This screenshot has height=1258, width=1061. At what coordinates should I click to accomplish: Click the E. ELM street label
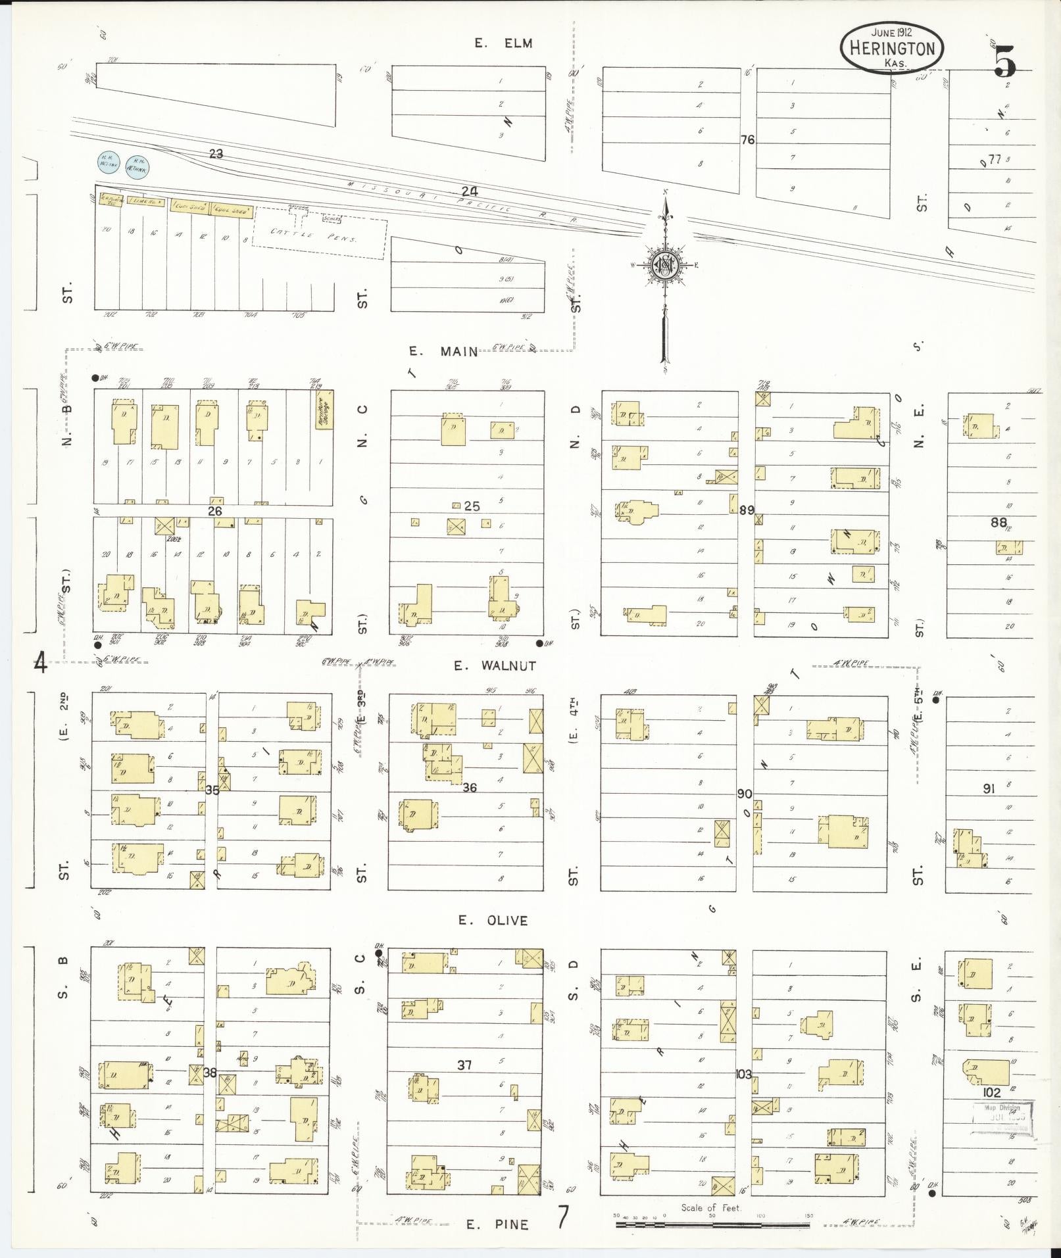(x=503, y=43)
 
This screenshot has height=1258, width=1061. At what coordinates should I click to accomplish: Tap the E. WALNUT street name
(x=495, y=665)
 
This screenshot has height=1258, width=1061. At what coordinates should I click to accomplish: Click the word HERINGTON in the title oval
(x=892, y=48)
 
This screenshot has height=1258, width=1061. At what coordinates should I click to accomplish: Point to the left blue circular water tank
(x=107, y=162)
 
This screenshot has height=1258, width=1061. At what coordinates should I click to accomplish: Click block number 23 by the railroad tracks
(x=216, y=154)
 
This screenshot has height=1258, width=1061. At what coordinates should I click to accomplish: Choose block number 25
(x=472, y=506)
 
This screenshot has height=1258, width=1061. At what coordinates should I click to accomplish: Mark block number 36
(x=469, y=787)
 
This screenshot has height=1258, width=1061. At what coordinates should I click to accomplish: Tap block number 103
(x=743, y=1074)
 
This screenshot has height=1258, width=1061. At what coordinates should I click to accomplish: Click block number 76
(x=747, y=140)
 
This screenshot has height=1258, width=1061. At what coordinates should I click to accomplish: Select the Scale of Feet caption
(x=711, y=1207)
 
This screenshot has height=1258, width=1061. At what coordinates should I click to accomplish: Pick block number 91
(x=989, y=788)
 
